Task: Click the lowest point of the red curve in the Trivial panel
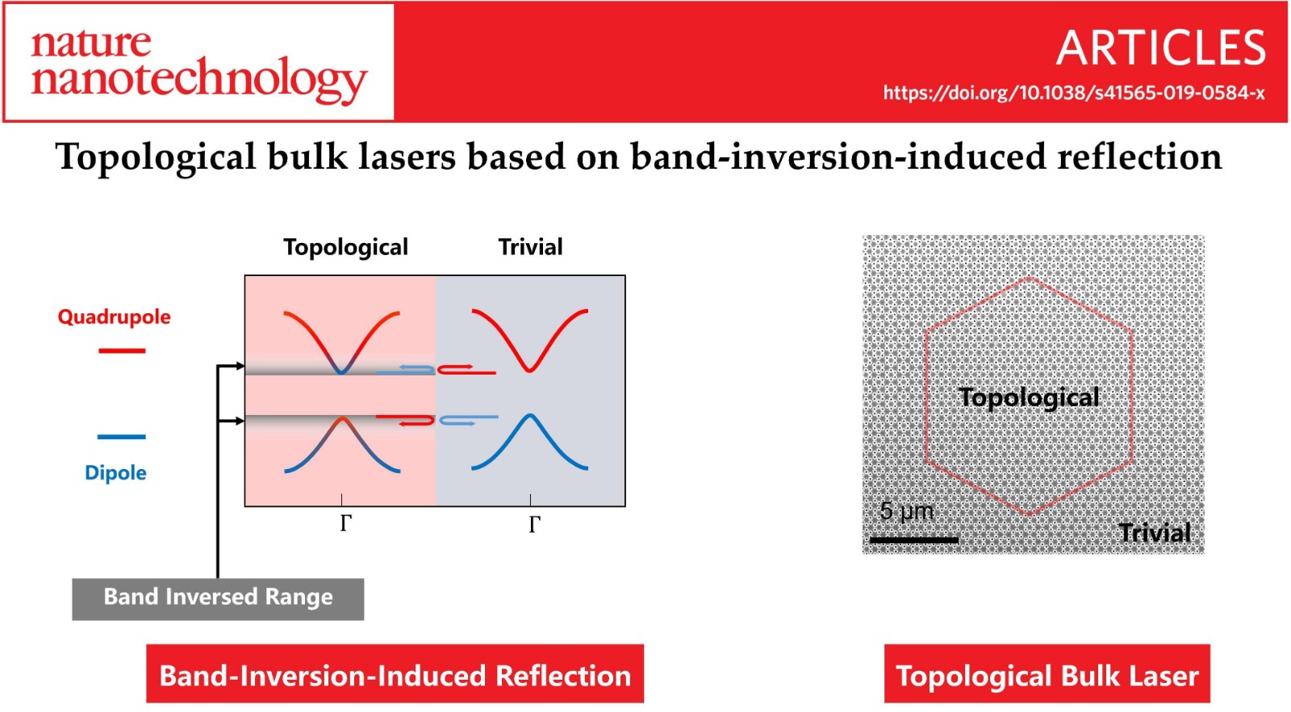coord(529,371)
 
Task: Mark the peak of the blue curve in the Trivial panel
coord(529,415)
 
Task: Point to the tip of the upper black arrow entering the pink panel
coord(244,366)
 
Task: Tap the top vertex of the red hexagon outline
coord(1030,279)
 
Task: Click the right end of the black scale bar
coord(959,540)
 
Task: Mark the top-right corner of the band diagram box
coord(625,275)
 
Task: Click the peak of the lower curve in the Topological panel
coord(342,418)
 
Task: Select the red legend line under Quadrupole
coord(122,350)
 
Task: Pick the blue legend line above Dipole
coord(121,437)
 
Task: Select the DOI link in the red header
coord(1074,93)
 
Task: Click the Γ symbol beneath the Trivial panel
coord(534,524)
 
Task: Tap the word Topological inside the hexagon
coord(1029,398)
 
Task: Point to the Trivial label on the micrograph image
coord(1155,532)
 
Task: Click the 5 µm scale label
coord(907,511)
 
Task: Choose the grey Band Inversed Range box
coord(218,599)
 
